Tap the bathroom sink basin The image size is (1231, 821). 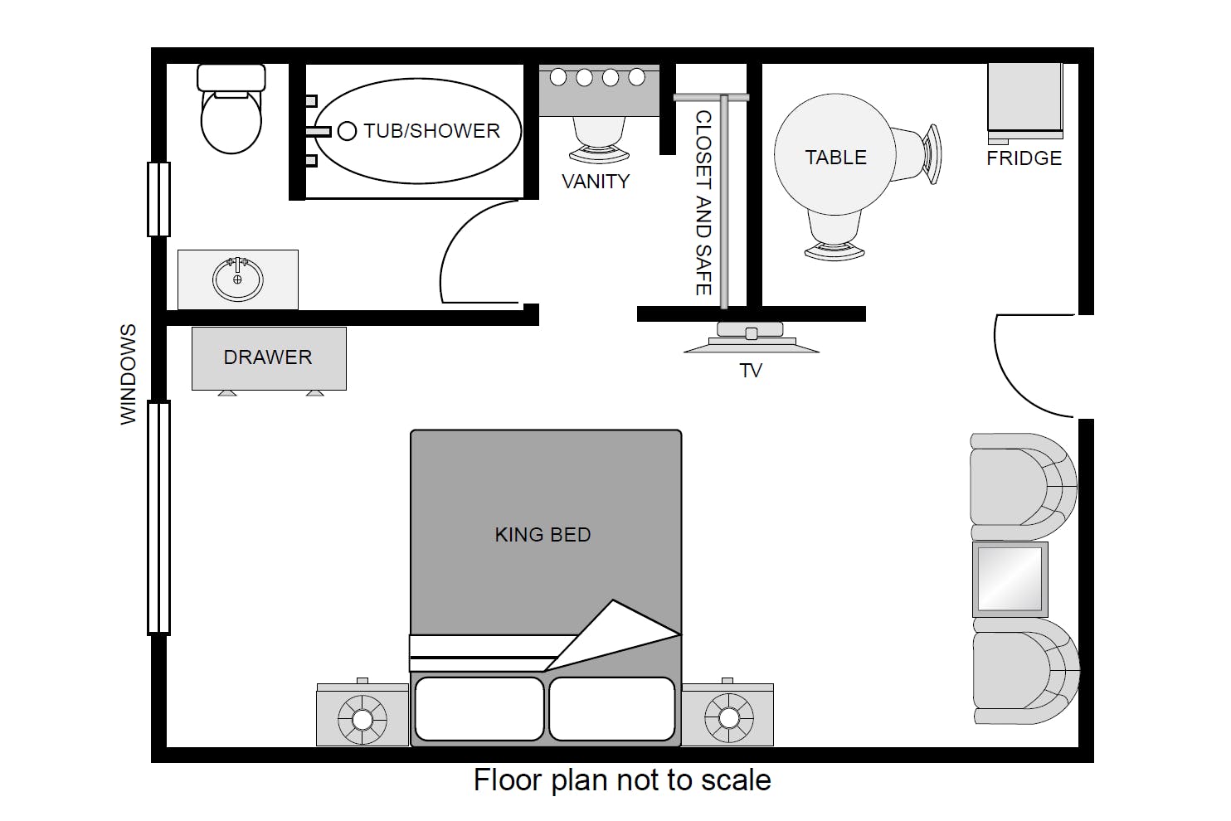pyautogui.click(x=238, y=279)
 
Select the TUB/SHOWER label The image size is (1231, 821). pyautogui.click(x=432, y=131)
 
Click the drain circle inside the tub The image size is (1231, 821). pyautogui.click(x=347, y=131)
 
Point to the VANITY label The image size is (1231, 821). pyautogui.click(x=596, y=182)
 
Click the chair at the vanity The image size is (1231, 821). pyautogui.click(x=599, y=139)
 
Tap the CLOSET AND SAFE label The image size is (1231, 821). pyautogui.click(x=704, y=203)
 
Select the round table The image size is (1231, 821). pyautogui.click(x=835, y=154)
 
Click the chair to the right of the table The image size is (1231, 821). pyautogui.click(x=917, y=154)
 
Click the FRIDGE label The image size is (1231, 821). pyautogui.click(x=1024, y=158)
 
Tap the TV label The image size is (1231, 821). pyautogui.click(x=751, y=371)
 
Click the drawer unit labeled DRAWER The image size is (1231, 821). pyautogui.click(x=269, y=359)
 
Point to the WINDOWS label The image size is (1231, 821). pyautogui.click(x=128, y=374)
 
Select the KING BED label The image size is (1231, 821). pyautogui.click(x=543, y=535)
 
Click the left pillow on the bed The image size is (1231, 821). pyautogui.click(x=479, y=709)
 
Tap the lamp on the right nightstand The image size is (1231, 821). pyautogui.click(x=728, y=717)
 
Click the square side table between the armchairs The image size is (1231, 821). pyautogui.click(x=1010, y=579)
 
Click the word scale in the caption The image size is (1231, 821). pyautogui.click(x=737, y=780)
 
